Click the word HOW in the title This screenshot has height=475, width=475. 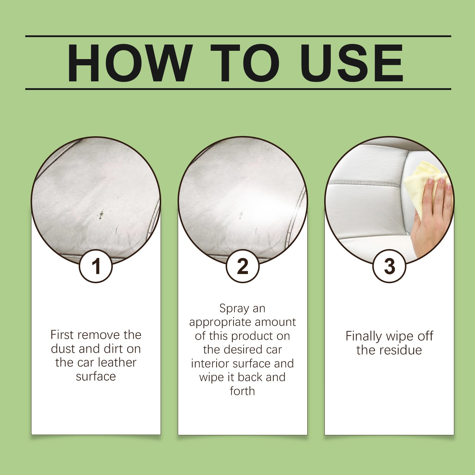point(129,63)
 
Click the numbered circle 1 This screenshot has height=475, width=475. point(96,266)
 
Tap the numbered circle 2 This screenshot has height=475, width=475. point(243,266)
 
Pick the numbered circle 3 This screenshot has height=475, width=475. point(389,266)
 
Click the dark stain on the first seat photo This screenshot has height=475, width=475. point(102,213)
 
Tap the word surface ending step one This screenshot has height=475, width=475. point(96,376)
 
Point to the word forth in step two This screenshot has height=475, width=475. point(242,391)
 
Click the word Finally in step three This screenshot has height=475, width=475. point(364,336)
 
